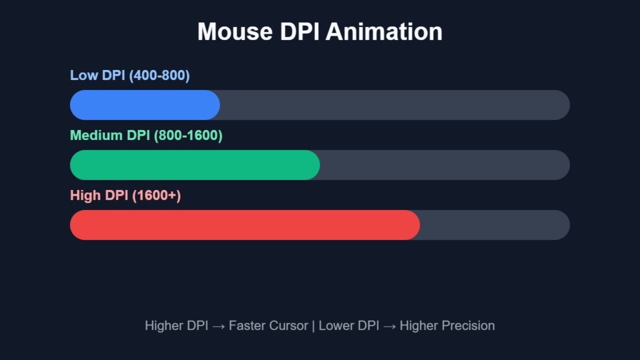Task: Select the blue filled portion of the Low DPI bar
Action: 144,105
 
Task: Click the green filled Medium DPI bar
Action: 194,165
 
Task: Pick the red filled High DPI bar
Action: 244,225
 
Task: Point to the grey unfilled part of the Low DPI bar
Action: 394,105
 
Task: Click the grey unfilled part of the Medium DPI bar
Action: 444,165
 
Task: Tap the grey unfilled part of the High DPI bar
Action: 494,225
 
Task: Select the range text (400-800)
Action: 159,76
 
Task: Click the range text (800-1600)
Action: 188,136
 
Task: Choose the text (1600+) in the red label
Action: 156,196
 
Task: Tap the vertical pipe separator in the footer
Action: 313,326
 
